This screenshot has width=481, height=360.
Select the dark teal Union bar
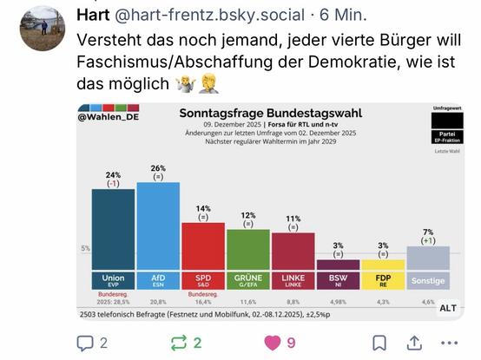coord(112,230)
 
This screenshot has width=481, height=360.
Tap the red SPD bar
coord(202,246)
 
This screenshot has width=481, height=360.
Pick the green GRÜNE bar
coord(247,250)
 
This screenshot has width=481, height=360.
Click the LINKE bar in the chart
coord(293,252)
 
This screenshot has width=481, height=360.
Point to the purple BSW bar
coord(338,265)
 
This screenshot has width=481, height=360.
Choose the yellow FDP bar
coord(383,265)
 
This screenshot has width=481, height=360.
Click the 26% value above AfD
coord(158,168)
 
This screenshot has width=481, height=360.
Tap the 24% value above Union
coord(113,175)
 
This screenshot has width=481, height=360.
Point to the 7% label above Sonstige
coord(428,231)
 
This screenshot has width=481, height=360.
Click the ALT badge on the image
coord(448,308)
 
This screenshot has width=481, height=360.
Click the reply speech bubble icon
coord(85,342)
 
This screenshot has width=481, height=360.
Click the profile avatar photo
coord(43,27)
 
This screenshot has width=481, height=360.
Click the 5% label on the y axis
coord(85,249)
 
